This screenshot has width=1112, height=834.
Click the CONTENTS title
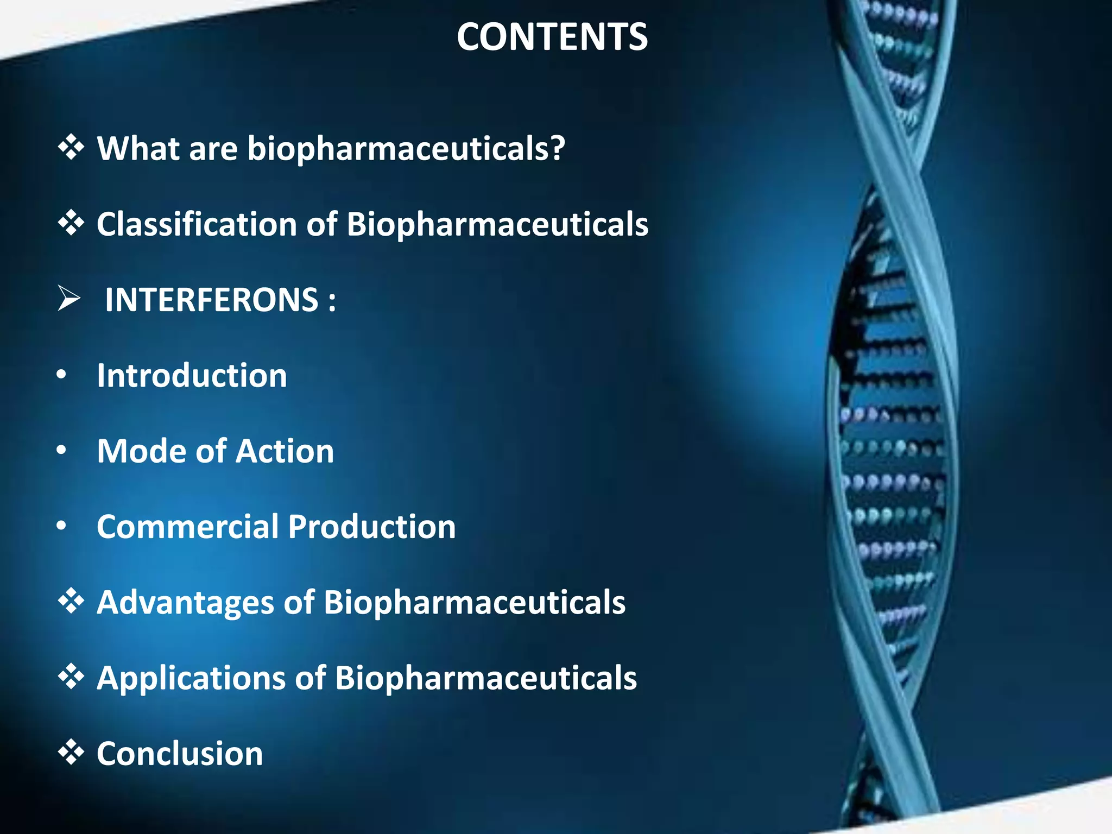click(552, 37)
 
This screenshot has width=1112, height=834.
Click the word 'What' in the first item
click(138, 148)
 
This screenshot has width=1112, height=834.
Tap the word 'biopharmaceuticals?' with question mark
click(406, 148)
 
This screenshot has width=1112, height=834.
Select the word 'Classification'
click(196, 224)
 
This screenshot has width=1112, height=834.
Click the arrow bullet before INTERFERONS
click(69, 299)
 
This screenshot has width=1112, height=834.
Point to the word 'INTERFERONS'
click(212, 300)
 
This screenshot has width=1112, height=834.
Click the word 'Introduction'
click(192, 375)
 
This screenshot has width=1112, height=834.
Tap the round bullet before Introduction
click(61, 375)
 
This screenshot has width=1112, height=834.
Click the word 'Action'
click(285, 451)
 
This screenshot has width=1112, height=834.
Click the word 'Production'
click(372, 527)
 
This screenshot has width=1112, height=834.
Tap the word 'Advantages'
click(185, 603)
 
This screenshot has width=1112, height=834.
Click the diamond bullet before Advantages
click(71, 602)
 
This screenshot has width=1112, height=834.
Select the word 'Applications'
click(191, 678)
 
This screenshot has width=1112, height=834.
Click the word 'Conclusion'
click(180, 754)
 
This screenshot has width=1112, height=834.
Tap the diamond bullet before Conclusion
click(71, 753)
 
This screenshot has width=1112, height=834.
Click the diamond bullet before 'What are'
click(71, 148)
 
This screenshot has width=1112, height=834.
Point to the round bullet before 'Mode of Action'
click(61, 451)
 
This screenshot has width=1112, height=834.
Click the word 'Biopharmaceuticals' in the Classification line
click(497, 224)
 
